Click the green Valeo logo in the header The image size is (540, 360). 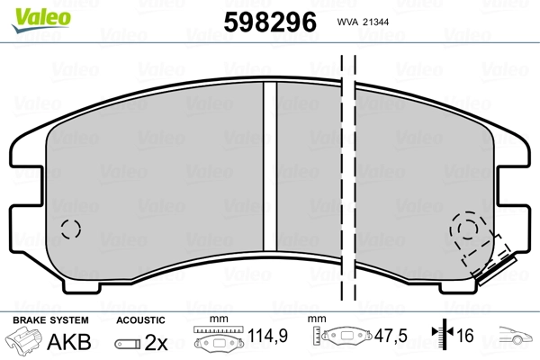[40, 20]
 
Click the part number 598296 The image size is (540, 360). [270, 22]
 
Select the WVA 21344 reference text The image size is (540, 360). [363, 22]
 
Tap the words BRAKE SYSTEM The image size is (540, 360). [50, 320]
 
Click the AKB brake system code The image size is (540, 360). [69, 342]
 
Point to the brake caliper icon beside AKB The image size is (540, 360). [23, 339]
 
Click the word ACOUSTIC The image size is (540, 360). [140, 320]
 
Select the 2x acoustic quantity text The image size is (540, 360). [156, 342]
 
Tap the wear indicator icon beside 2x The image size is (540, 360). [128, 344]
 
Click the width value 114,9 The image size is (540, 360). [267, 335]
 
